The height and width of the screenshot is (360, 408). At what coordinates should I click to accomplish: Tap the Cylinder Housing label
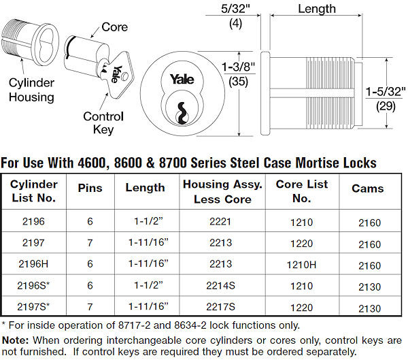(x=31, y=90)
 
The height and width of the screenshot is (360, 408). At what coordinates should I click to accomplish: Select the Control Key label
(x=103, y=122)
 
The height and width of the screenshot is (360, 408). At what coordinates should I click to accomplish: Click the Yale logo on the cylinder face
(x=183, y=78)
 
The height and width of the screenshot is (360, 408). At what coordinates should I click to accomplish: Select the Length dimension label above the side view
(x=316, y=9)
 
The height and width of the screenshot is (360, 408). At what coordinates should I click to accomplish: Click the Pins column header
(x=91, y=188)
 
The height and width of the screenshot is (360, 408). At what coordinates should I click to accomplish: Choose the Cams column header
(x=367, y=189)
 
